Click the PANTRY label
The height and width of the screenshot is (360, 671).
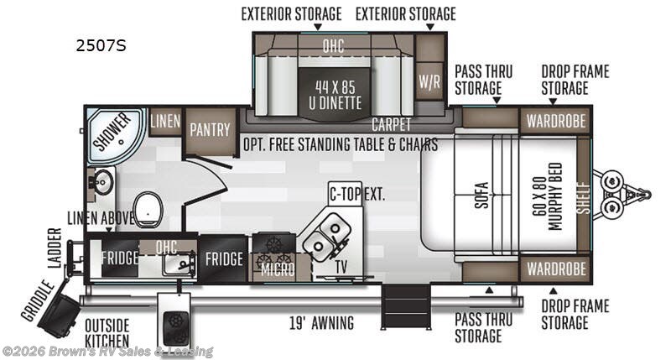click(210, 129)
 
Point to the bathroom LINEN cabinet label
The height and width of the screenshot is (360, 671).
click(165, 120)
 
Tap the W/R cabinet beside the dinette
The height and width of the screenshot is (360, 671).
click(429, 81)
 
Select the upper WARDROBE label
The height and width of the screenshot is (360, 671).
click(555, 120)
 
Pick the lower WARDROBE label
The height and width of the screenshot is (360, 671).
click(555, 269)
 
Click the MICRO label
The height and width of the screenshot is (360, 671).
click(277, 270)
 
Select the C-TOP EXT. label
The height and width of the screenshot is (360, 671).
click(356, 195)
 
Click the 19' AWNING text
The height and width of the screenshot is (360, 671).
click(320, 323)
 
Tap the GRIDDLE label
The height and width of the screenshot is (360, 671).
click(30, 300)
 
